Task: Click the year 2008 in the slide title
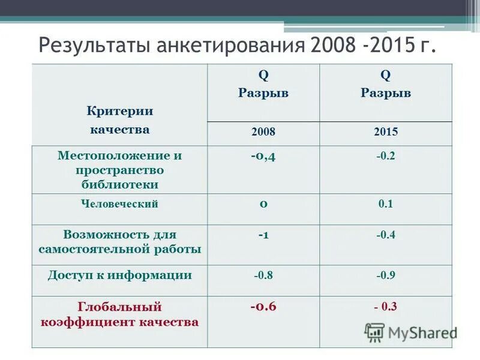329,46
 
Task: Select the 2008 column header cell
263,133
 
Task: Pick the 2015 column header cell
386,133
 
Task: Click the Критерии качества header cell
120,120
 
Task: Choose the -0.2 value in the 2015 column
386,156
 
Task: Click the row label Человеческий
120,204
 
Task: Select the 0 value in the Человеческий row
263,203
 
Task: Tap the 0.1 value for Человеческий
386,204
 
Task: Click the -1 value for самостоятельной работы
263,235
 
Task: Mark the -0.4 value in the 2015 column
386,235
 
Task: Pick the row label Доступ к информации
120,275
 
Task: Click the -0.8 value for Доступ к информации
263,276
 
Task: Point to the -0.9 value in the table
386,276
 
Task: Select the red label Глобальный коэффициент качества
120,314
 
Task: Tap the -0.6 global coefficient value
263,307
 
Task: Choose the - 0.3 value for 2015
386,307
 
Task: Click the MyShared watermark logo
411,332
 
